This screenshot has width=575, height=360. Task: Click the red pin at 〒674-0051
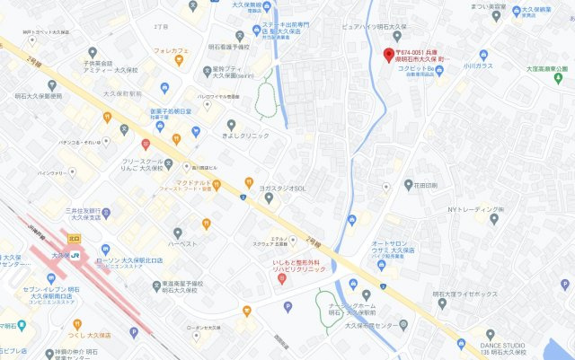tap(388, 55)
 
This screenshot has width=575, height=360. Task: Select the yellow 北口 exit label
tap(73, 238)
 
